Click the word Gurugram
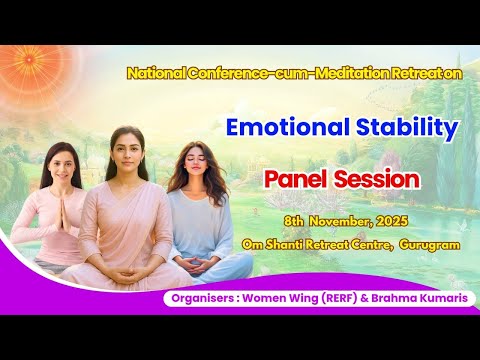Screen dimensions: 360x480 429,243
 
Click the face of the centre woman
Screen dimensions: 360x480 131,156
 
